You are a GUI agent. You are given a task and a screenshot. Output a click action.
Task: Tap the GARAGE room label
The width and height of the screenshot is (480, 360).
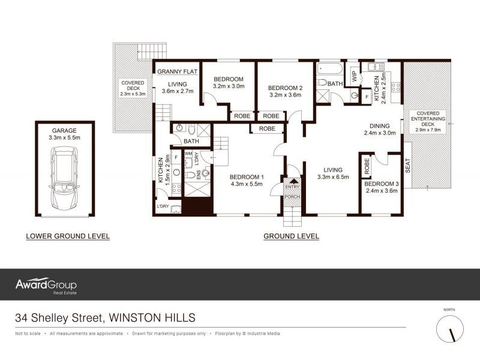[x=65, y=129]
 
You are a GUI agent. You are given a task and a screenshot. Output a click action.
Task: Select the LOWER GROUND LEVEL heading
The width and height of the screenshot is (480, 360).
[x=68, y=236]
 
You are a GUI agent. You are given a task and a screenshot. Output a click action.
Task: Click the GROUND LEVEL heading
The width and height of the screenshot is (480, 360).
[x=291, y=236]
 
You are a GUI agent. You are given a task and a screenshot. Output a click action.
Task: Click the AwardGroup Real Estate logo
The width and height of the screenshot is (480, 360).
[x=46, y=286]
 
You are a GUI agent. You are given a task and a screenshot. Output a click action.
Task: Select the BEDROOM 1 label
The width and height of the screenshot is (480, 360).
[x=247, y=177]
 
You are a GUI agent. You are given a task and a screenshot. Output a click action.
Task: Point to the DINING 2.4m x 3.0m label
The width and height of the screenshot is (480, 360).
[x=379, y=130]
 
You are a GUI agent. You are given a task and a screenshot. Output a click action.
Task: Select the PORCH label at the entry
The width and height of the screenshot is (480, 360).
[x=292, y=197]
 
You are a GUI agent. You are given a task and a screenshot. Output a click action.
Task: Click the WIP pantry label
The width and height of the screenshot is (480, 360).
[x=355, y=76]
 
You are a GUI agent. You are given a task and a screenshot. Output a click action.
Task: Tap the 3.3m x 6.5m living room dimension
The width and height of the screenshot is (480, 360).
[x=333, y=177]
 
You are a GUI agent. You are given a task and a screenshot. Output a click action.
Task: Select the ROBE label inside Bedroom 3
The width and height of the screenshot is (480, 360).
[x=367, y=169]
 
